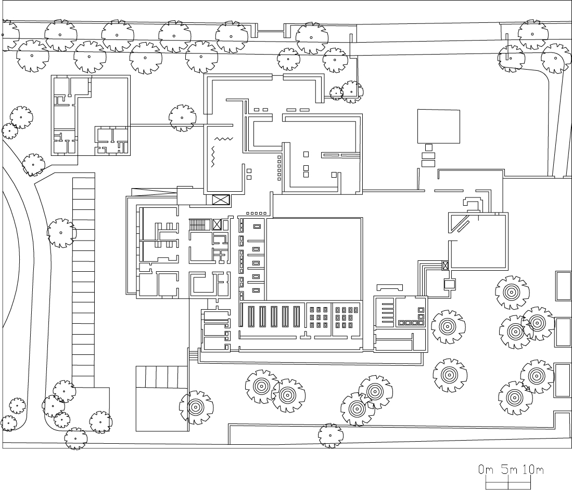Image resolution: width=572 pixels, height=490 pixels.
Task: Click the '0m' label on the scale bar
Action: (x=486, y=470)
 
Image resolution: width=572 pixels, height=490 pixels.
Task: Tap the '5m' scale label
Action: (x=509, y=470)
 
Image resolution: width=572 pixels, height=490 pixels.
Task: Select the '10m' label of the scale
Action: (x=533, y=470)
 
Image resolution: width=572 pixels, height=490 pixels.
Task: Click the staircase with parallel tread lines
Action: (x=197, y=224)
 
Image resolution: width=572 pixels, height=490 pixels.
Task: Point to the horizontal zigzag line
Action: (x=224, y=139)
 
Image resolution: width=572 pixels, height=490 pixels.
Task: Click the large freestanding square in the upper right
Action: (x=438, y=126)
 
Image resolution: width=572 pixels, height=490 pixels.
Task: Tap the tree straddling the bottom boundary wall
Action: (x=331, y=436)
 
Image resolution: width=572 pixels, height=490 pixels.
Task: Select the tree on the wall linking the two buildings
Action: (x=182, y=118)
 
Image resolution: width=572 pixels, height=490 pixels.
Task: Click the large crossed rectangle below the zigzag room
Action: (x=221, y=200)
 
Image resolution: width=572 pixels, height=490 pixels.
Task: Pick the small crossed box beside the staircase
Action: (x=217, y=224)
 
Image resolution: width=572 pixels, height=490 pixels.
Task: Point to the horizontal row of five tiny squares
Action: (x=257, y=214)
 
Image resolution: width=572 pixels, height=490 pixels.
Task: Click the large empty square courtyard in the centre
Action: (x=314, y=259)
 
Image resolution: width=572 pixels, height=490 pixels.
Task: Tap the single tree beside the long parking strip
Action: (x=61, y=233)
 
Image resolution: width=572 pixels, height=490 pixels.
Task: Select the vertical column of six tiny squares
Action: (x=279, y=168)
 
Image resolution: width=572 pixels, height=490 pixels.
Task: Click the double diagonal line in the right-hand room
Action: (x=462, y=223)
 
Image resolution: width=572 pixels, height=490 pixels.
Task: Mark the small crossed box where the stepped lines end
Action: (x=445, y=266)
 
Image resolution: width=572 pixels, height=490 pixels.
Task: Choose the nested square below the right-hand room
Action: (x=450, y=284)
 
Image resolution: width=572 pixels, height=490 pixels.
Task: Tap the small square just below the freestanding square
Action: (x=429, y=148)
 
